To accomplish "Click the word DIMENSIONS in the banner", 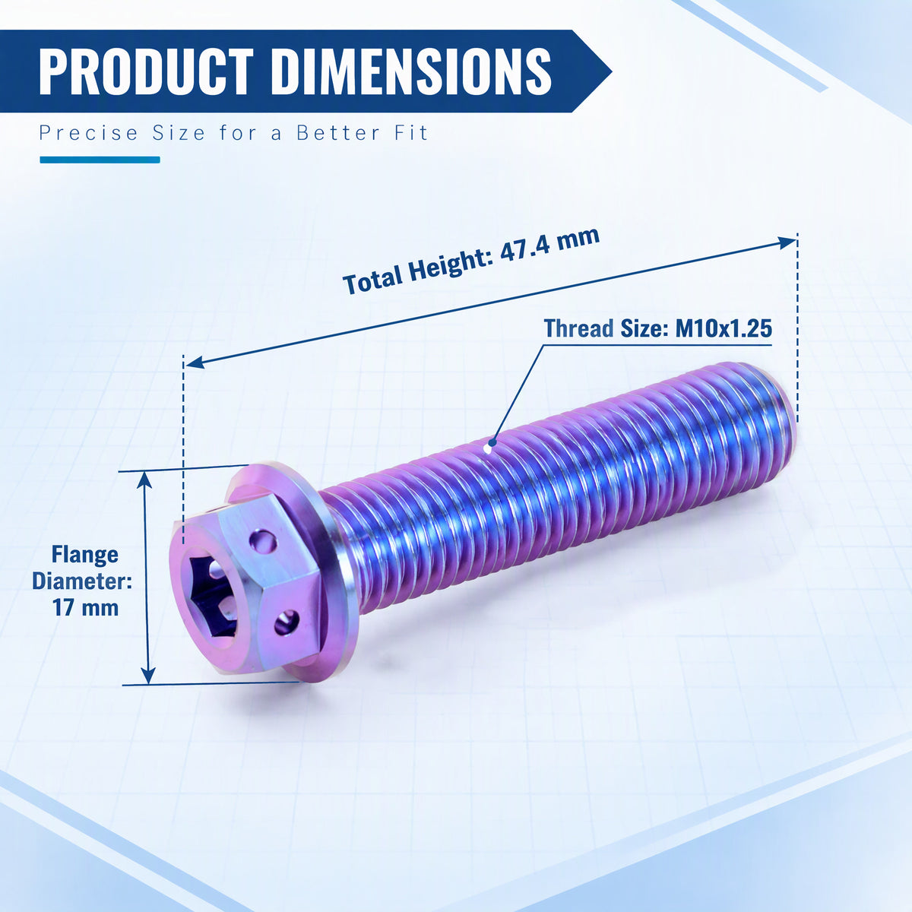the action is pos(411,71).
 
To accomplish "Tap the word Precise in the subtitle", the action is pos(88,132).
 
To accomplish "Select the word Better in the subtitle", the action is pos(339,132).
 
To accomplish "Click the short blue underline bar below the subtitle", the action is pos(100,160).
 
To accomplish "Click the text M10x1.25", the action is pos(724,328).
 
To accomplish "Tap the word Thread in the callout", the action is pos(578,328).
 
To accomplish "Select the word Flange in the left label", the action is pos(84,554).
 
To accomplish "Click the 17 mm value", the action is pos(85,607).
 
